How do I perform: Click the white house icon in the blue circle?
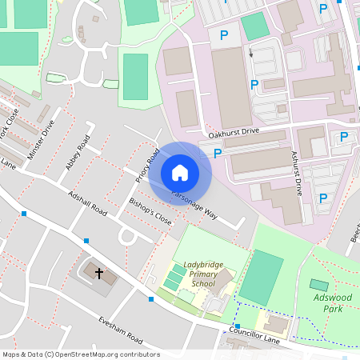tap(180, 172)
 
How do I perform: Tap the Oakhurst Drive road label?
tap(234, 130)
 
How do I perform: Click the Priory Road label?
tap(148, 165)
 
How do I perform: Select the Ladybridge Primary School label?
tap(199, 274)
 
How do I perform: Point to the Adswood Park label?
tap(332, 302)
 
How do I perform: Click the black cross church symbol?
tap(100, 274)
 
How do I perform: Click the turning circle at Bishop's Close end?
tap(126, 236)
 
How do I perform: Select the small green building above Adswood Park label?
tap(319, 285)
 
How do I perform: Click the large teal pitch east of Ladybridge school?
tap(261, 277)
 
